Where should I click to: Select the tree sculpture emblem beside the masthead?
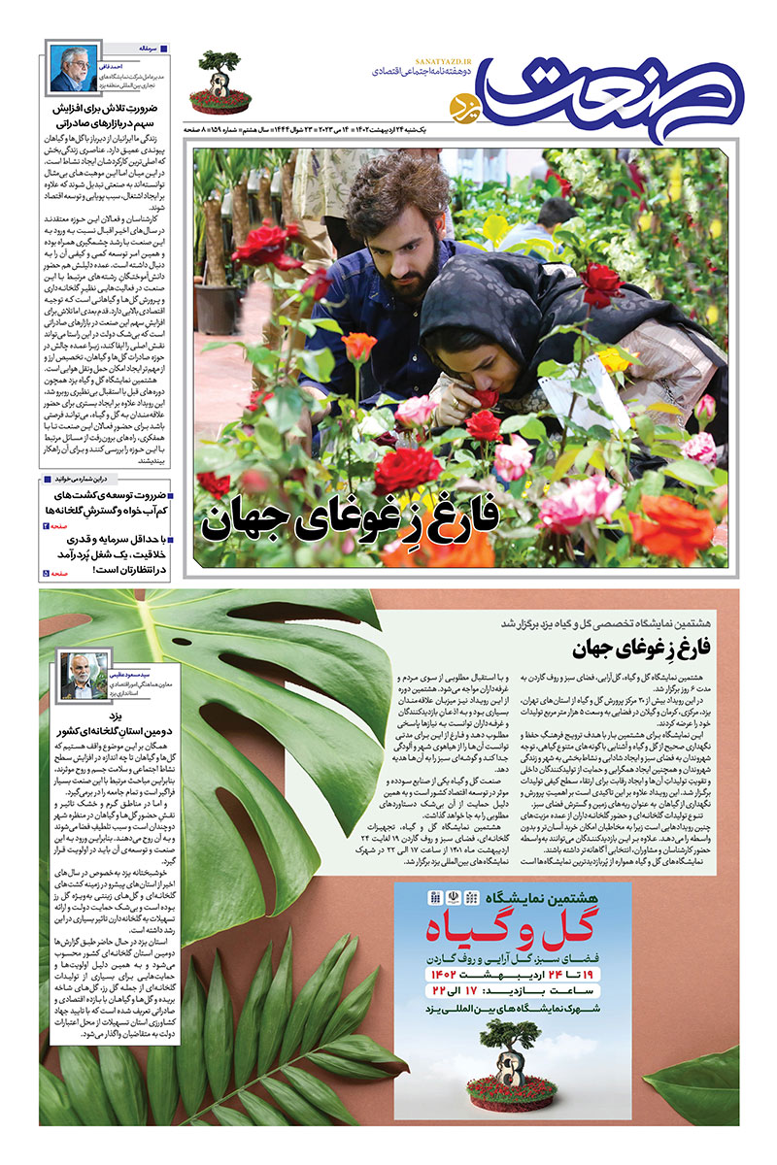pyautogui.click(x=217, y=78)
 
